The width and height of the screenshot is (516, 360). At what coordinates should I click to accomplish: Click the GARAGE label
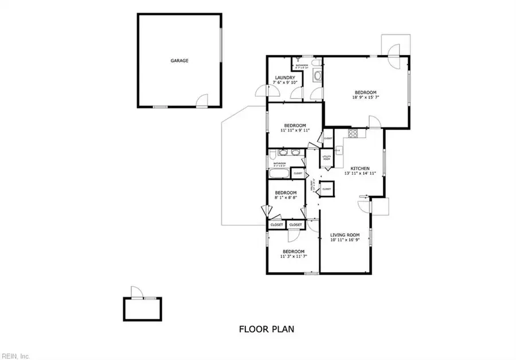[179, 60]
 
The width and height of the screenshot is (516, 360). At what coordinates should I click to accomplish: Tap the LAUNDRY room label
[285, 77]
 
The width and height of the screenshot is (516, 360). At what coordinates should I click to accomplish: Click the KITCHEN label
[360, 168]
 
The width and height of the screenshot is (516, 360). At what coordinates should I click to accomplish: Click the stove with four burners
[354, 135]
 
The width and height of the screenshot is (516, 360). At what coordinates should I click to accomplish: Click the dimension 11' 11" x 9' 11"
[295, 130]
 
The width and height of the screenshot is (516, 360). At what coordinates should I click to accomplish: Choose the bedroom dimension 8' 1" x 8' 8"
[285, 197]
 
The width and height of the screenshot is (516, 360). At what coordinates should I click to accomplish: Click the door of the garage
[201, 102]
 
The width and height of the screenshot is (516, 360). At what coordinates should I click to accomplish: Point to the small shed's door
[135, 292]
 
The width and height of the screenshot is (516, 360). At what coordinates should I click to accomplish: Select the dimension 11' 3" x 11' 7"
[292, 256]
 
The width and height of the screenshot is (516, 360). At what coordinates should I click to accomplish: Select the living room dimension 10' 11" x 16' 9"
[345, 240]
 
